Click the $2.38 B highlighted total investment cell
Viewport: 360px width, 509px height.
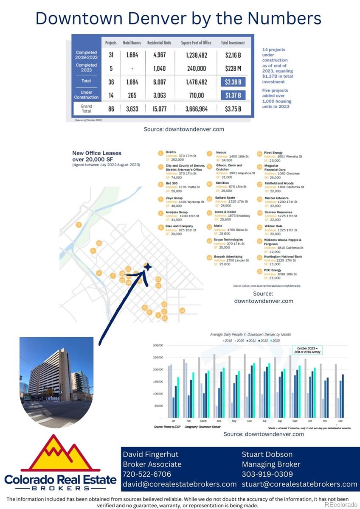(x=233, y=81)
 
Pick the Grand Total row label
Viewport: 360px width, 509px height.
(x=87, y=109)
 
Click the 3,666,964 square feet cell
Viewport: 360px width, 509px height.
(x=197, y=109)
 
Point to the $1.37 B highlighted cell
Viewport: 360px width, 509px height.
(x=233, y=95)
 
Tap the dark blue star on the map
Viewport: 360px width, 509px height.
(x=147, y=267)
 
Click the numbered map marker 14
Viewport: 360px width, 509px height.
(x=182, y=310)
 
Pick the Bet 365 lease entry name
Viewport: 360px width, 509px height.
(x=172, y=183)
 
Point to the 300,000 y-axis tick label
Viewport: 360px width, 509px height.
(x=158, y=345)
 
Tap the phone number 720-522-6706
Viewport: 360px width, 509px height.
(x=147, y=474)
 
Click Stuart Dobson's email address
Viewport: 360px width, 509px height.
(x=299, y=484)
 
